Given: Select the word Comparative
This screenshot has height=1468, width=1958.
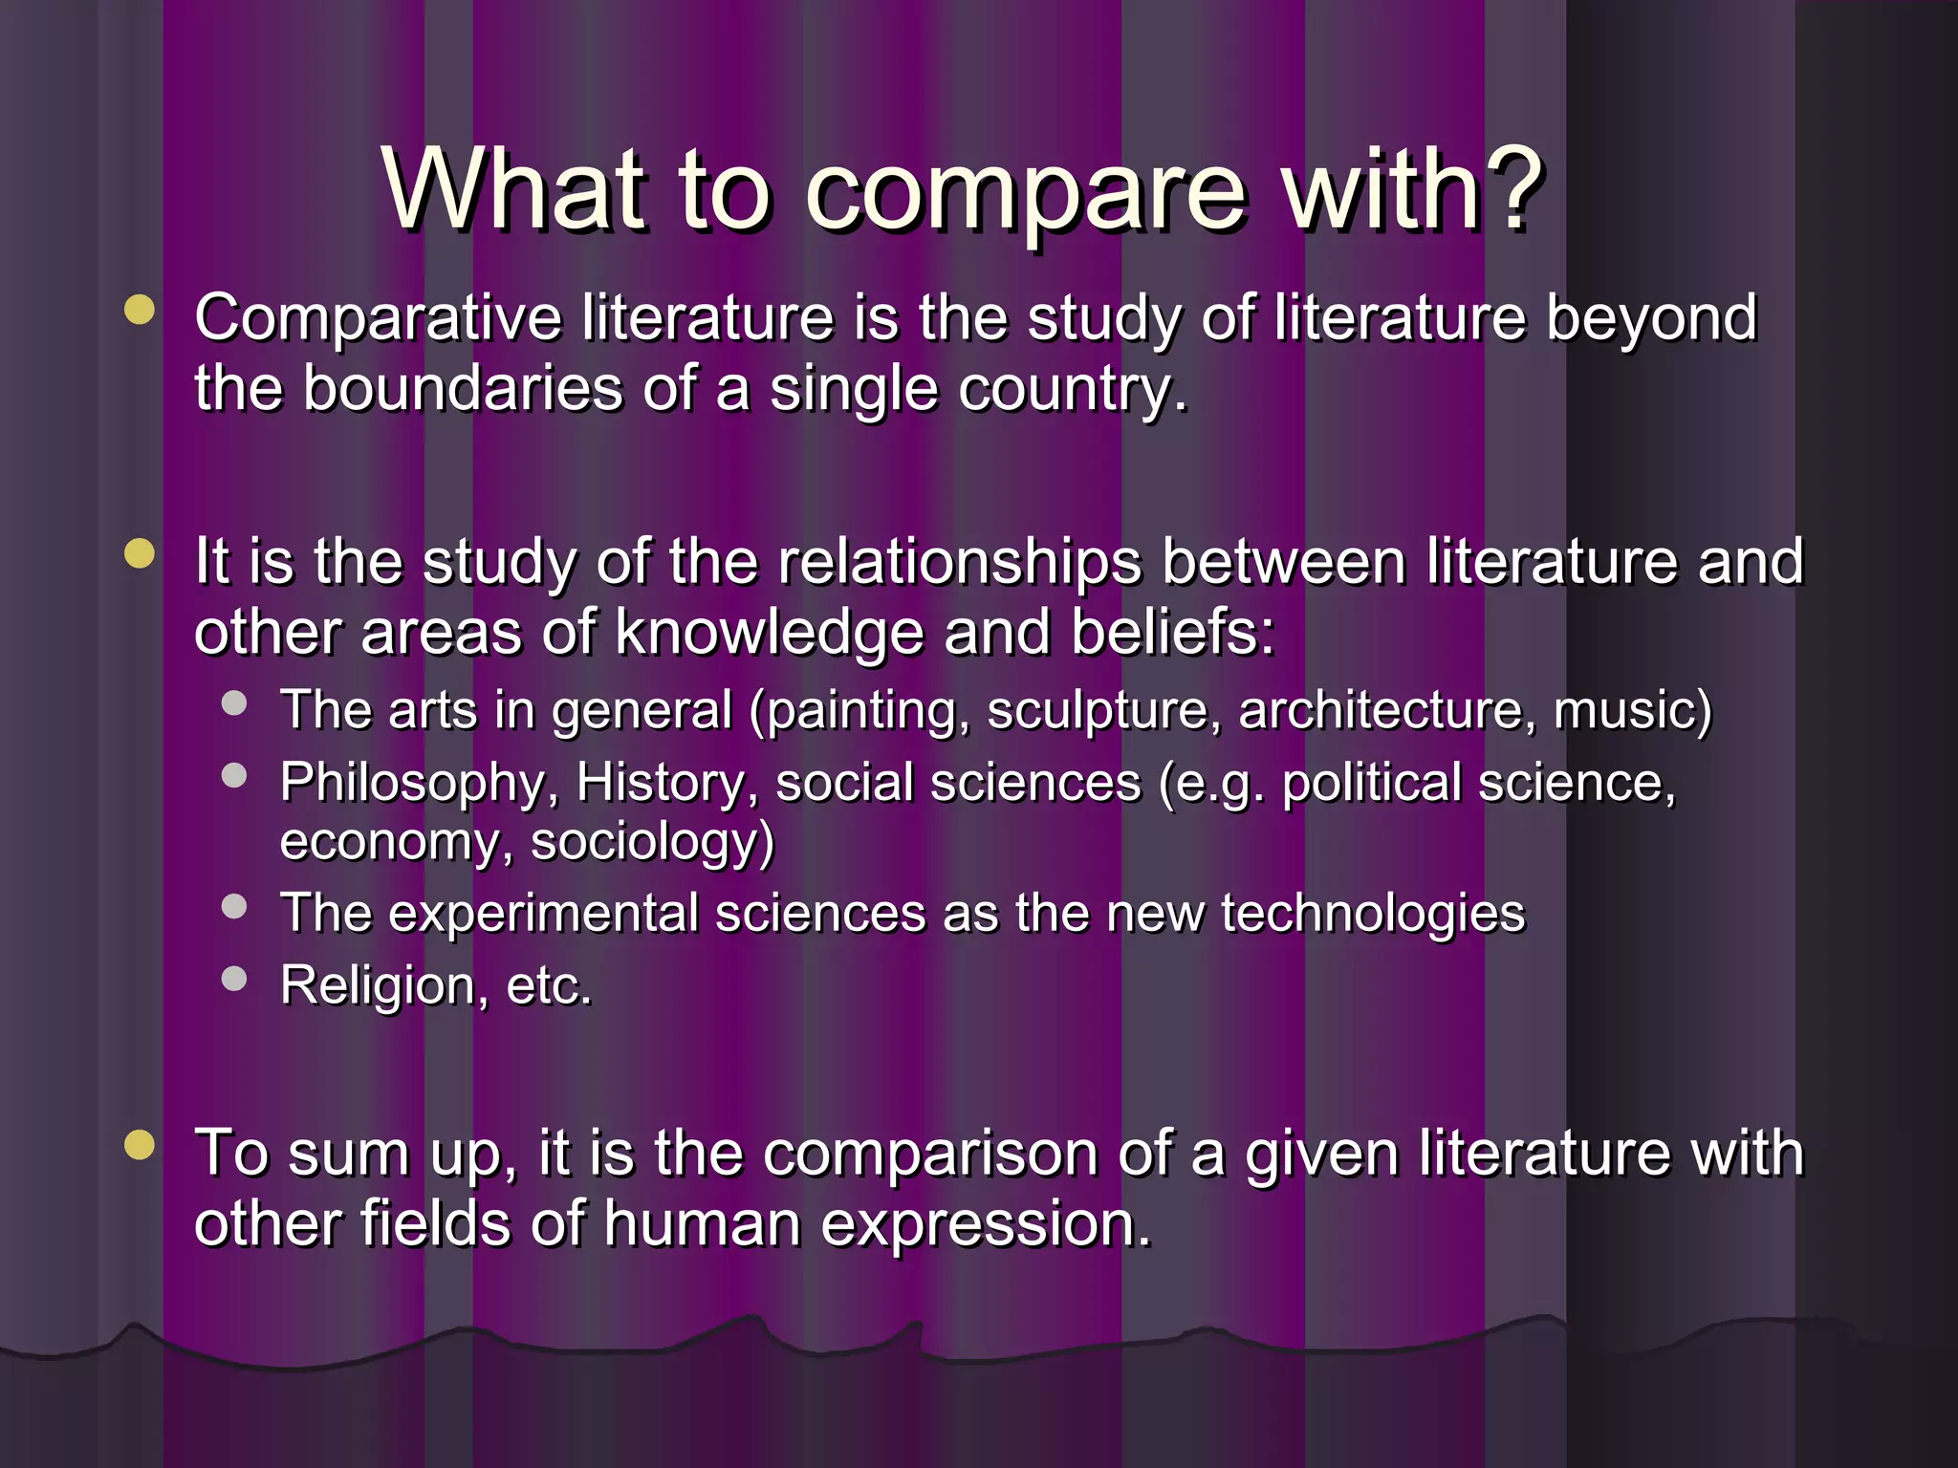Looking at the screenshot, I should (378, 318).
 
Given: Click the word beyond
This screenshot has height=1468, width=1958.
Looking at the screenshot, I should (1651, 318).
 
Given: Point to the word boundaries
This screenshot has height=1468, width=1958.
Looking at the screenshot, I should (463, 390).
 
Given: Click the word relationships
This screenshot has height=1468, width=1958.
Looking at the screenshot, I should (960, 561).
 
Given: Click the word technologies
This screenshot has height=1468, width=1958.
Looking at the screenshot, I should (1373, 914).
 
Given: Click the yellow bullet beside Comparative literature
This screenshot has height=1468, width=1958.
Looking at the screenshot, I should (140, 310).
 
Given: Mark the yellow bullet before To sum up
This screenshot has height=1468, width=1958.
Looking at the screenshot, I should (140, 1144).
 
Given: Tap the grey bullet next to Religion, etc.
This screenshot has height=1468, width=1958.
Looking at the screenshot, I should (234, 978).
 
